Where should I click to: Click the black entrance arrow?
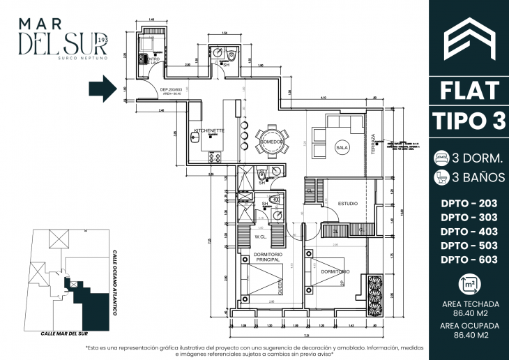coord(103,89)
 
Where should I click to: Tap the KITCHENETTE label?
coord(208,130)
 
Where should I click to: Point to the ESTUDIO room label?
coord(348,204)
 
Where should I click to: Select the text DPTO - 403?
coord(469,231)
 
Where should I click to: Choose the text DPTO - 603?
coord(469,260)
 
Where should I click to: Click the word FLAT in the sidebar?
coord(469,90)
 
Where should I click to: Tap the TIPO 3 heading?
coord(469,120)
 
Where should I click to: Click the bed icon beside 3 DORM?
coord(441,156)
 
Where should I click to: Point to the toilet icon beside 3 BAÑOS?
coord(441,177)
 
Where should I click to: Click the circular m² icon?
coord(469,284)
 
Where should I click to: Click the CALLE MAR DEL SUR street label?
coord(68,334)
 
